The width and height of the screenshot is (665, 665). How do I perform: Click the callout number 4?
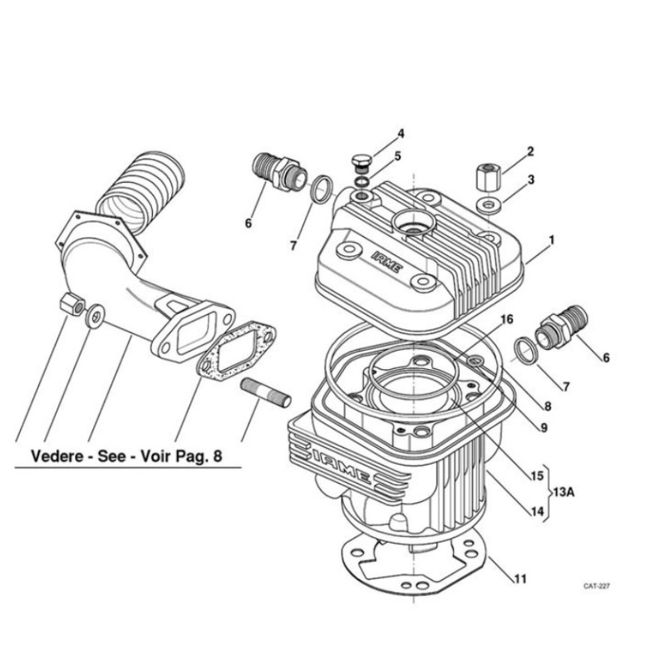tap(401, 134)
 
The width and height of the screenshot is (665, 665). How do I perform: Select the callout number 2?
tap(530, 152)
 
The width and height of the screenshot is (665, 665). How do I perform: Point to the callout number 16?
tap(506, 319)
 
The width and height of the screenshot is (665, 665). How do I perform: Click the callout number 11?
tap(520, 579)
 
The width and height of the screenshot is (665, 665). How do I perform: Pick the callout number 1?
tap(551, 240)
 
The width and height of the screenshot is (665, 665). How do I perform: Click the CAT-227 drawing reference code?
tap(596, 586)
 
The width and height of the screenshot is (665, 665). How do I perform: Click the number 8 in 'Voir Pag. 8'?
tap(217, 456)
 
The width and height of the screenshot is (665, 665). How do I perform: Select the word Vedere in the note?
tap(57, 456)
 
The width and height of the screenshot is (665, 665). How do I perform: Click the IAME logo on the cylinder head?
tap(386, 262)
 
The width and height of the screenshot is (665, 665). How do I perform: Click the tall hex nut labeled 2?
tap(489, 178)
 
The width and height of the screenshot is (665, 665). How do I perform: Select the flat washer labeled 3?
tap(490, 205)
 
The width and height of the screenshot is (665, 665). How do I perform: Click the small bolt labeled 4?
tap(362, 163)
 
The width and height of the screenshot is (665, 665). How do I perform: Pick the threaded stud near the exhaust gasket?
tap(265, 392)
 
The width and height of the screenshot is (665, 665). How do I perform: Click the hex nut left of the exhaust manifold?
tap(72, 303)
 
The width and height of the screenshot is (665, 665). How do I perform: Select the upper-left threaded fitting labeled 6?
tap(279, 172)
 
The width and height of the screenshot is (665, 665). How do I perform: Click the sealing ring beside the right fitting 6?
tap(526, 351)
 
